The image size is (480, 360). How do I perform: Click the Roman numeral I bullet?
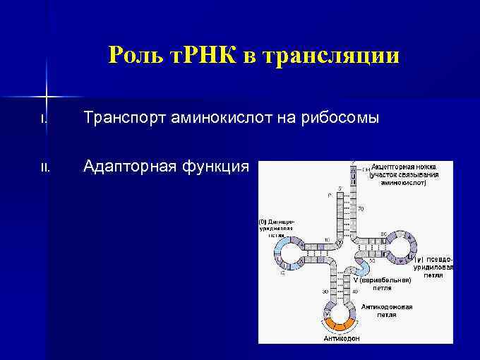pyautogui.click(x=43, y=119)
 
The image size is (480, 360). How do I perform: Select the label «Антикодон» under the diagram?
pyautogui.click(x=342, y=338)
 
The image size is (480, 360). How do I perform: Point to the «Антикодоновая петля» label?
pyautogui.click(x=387, y=311)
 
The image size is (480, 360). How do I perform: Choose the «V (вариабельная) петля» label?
pyautogui.click(x=382, y=284)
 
